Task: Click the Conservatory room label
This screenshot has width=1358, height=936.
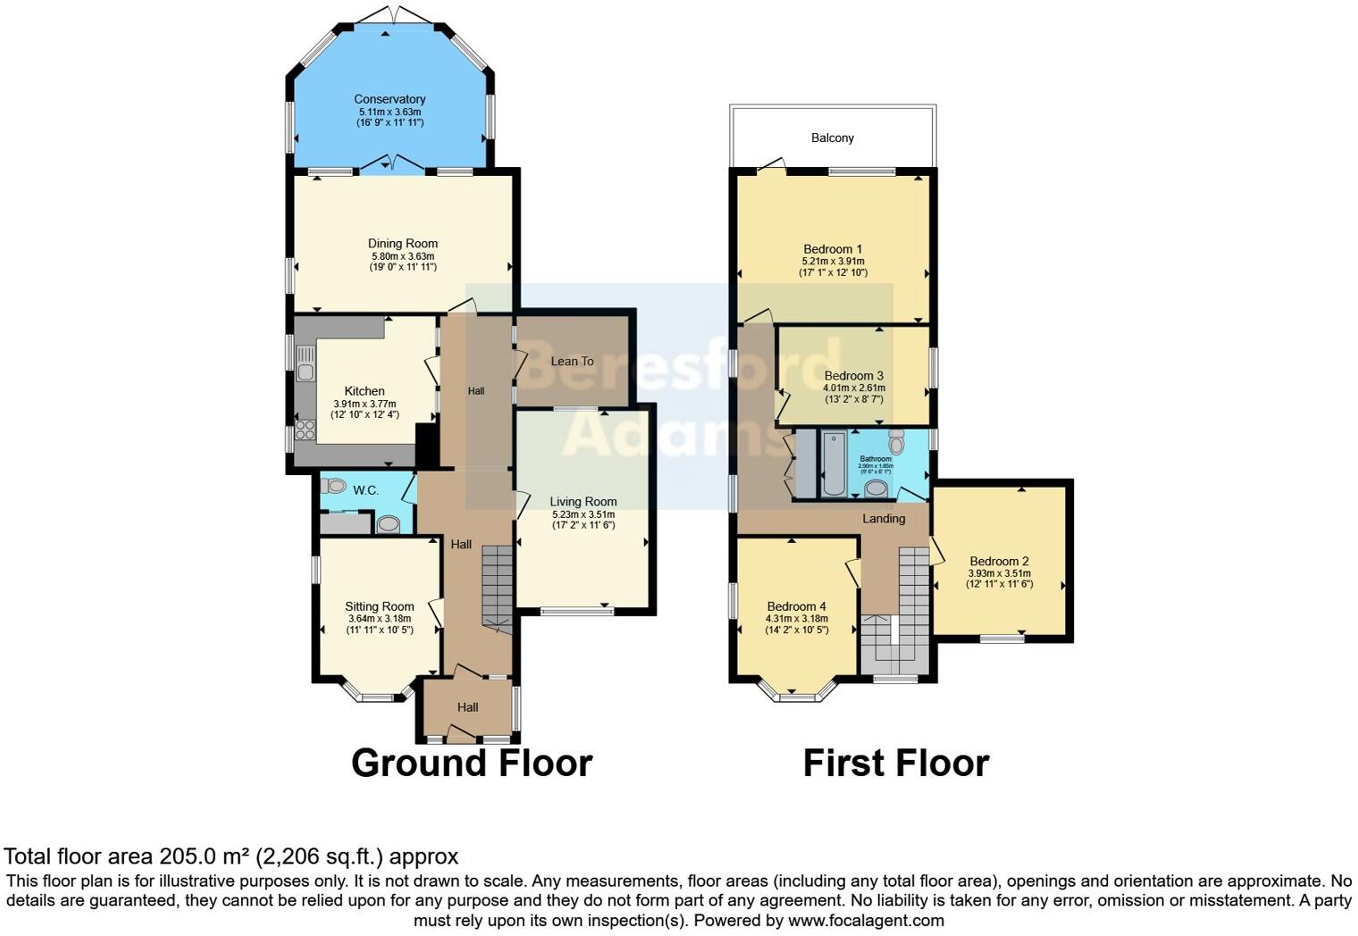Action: [389, 99]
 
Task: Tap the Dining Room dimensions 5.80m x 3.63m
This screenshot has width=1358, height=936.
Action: [403, 255]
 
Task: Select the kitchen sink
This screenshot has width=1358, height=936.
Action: [306, 369]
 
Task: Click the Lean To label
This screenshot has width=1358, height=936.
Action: [572, 361]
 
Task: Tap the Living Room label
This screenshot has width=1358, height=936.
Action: [583, 502]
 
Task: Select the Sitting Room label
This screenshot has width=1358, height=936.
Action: [380, 606]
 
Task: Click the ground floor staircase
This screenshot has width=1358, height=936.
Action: [497, 585]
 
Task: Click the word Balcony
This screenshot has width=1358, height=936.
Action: [832, 138]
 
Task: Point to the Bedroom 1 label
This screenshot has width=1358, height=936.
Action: [833, 249]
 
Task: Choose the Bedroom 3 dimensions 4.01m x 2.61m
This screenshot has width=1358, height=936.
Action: [854, 388]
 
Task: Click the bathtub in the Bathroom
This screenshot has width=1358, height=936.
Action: [834, 463]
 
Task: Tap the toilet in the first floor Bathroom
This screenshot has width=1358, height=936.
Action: [896, 440]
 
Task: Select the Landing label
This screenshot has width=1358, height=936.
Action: [883, 518]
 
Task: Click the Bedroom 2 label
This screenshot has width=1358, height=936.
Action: [999, 562]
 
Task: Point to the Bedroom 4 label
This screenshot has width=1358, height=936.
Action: [796, 606]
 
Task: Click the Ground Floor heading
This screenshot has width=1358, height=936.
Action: [471, 763]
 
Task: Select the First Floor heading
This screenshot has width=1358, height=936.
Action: [895, 763]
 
